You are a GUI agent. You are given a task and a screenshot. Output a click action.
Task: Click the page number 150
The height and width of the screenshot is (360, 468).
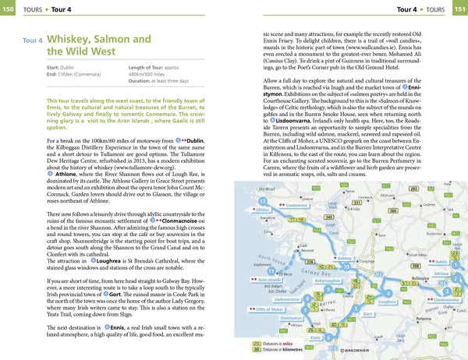tap(9, 9)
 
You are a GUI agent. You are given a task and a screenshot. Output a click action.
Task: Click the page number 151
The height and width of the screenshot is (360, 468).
tap(459, 9)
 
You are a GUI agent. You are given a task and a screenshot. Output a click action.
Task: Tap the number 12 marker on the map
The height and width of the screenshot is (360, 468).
tap(262, 201)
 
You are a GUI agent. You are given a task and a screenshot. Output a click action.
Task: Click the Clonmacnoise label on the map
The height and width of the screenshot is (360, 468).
tap(448, 298)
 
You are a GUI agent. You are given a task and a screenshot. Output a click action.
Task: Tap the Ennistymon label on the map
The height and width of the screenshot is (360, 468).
tap(291, 318)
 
